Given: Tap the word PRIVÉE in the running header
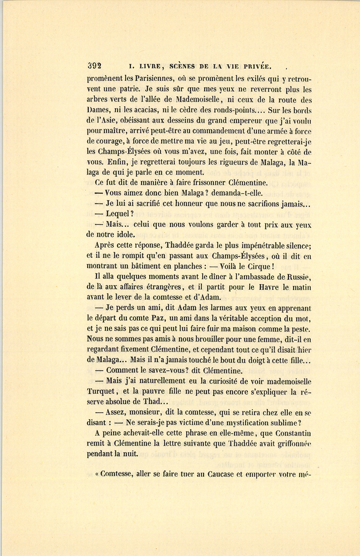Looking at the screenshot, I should tap(258, 66).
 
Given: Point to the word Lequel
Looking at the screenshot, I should tap(118, 214).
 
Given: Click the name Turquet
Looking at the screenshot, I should tap(102, 392).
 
